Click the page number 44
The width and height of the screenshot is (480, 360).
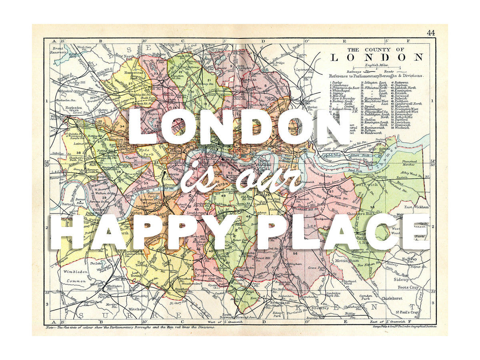click(x=431, y=33)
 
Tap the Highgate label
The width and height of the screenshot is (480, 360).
click(x=159, y=54)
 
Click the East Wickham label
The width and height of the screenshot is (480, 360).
click(x=416, y=207)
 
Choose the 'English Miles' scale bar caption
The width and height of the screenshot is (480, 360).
click(x=376, y=64)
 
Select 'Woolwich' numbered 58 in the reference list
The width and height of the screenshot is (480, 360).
click(x=400, y=128)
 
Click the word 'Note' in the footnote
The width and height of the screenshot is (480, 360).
click(x=50, y=327)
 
